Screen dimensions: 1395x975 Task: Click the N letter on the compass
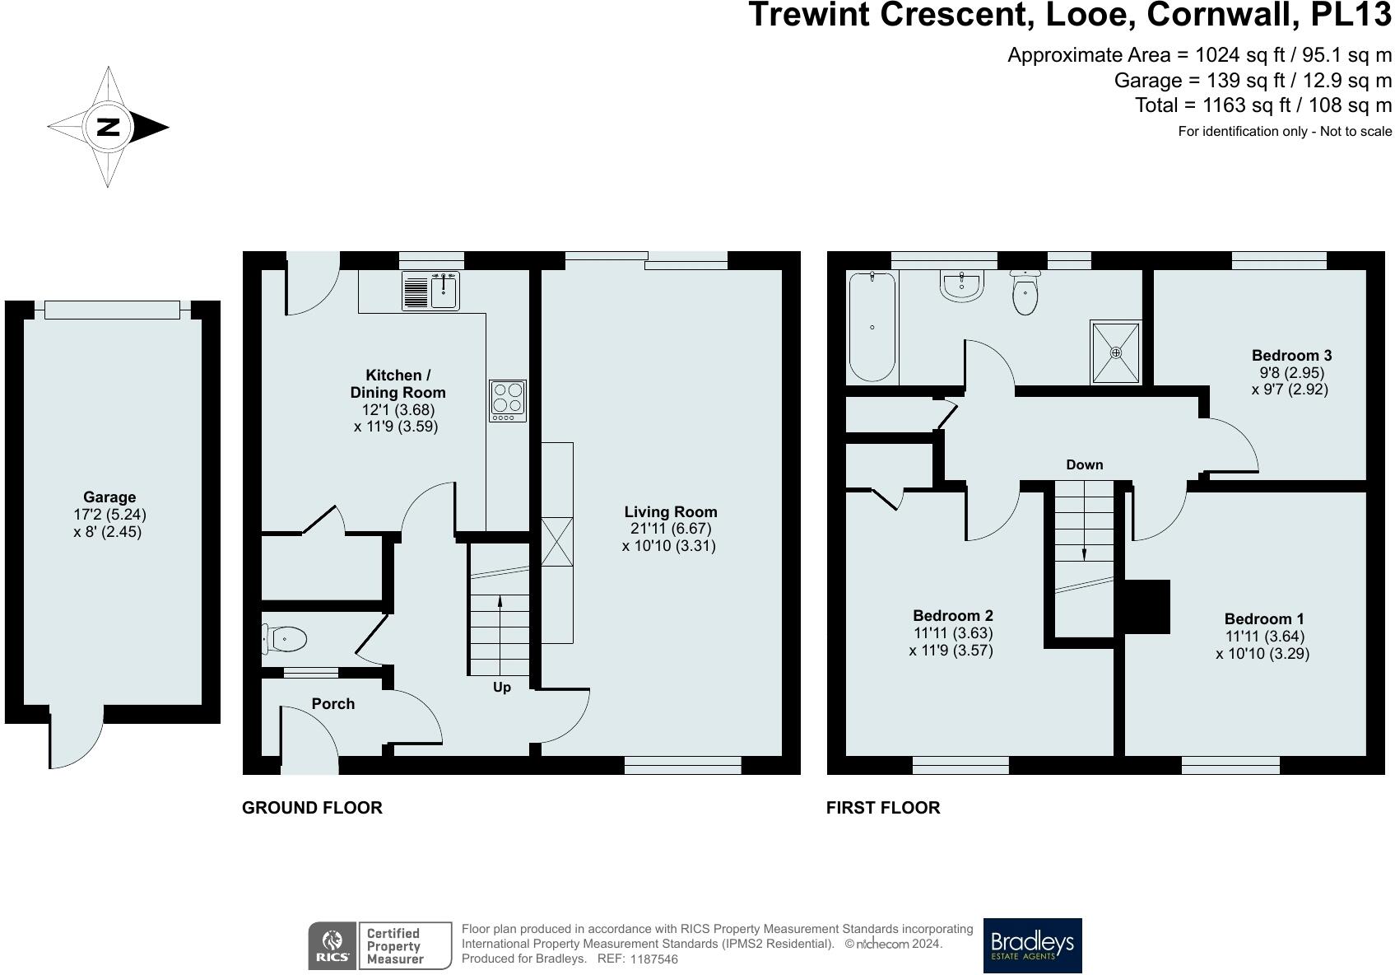coord(108,128)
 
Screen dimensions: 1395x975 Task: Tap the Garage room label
coord(109,497)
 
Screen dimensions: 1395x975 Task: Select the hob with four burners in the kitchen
coord(508,400)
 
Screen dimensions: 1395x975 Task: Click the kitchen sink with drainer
coord(430,291)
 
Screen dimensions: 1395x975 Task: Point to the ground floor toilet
coord(285,639)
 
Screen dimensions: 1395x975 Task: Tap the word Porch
coord(333,704)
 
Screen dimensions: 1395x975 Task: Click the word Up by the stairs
coord(502,687)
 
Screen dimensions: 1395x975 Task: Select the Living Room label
coord(671,512)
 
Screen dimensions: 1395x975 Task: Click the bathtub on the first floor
coord(872,326)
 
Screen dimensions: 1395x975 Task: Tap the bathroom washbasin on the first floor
coord(961,287)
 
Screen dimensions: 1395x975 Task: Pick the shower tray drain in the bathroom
coord(1116,352)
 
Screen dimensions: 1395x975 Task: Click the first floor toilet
coord(1025,293)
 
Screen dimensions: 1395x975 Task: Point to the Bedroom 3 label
coord(1291,356)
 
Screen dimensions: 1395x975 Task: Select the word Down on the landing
coord(1084,464)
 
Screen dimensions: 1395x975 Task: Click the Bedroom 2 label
coord(953,615)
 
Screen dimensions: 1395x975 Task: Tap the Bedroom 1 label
coord(1264,619)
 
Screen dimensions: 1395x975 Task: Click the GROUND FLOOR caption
coord(312,808)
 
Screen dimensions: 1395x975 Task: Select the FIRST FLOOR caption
coord(883,808)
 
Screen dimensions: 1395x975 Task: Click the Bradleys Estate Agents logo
coord(1033,945)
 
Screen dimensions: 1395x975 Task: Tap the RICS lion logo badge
coord(332,945)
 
